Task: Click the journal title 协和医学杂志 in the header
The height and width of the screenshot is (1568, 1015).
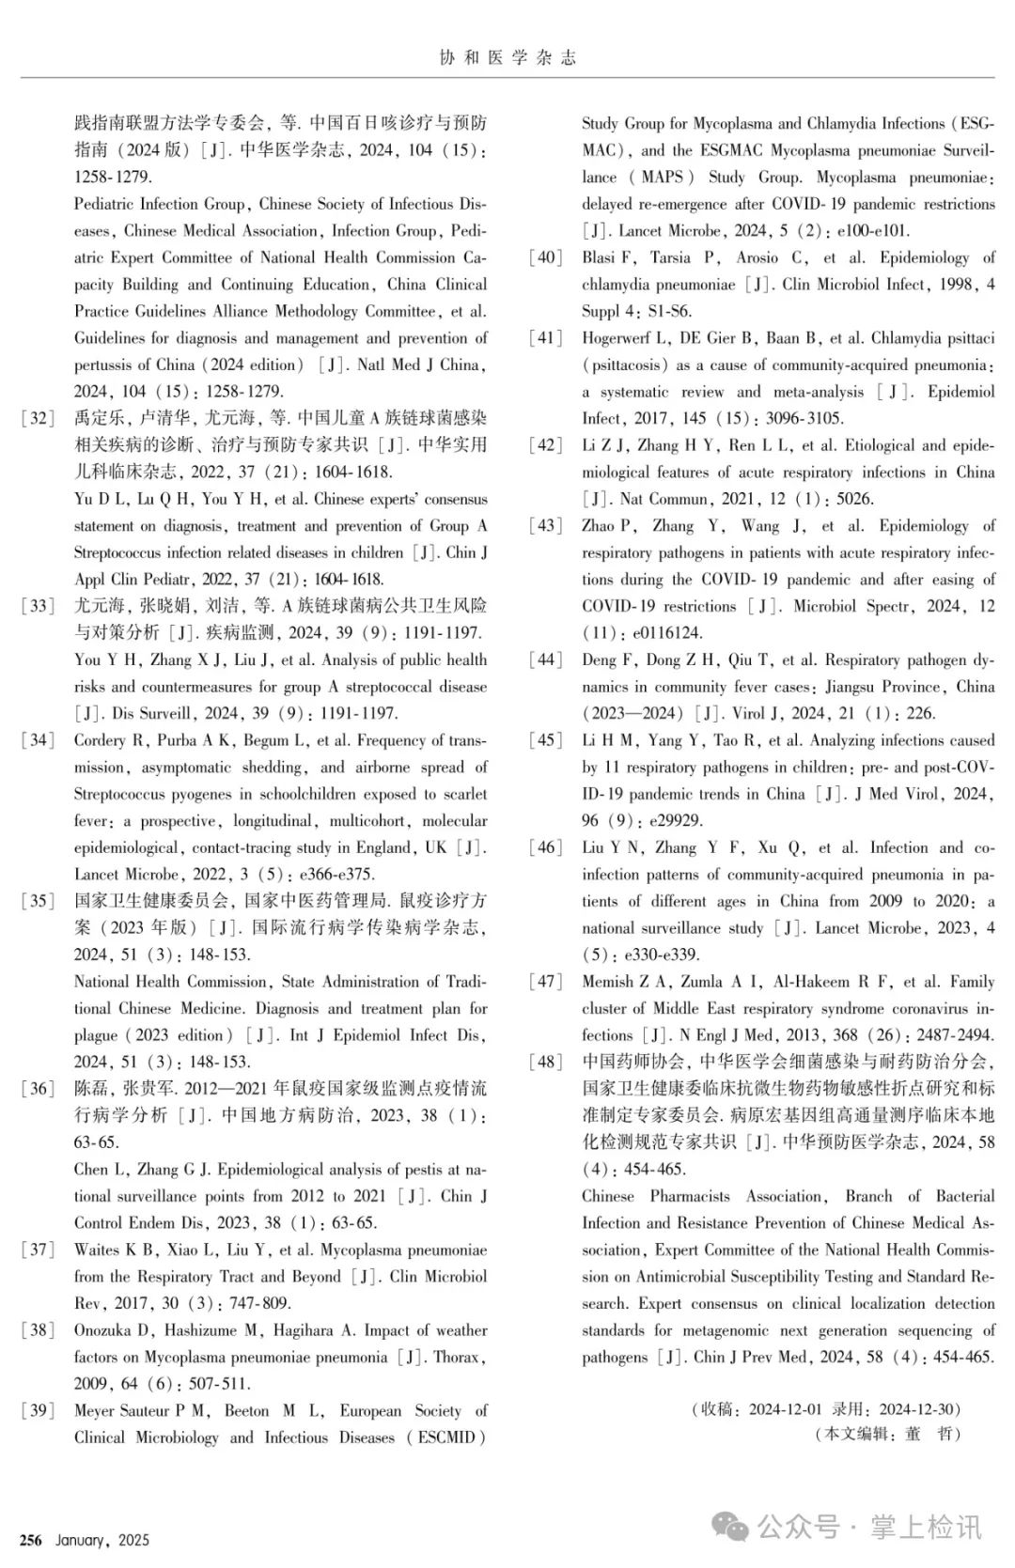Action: [507, 58]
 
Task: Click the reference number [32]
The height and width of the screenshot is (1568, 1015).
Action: [38, 418]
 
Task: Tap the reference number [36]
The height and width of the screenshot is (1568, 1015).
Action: [38, 1089]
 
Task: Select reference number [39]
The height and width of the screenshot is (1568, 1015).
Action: [38, 1410]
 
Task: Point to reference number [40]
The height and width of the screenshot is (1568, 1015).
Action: [545, 257]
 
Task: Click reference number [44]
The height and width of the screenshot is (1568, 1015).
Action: [545, 660]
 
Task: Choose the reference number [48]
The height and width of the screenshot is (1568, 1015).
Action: [545, 1062]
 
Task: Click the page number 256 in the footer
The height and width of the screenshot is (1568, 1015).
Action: [31, 1540]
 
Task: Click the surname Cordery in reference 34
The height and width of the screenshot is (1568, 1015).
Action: [100, 740]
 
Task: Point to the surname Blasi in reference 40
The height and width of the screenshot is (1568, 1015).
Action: [599, 257]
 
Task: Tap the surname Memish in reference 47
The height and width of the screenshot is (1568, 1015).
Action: [607, 982]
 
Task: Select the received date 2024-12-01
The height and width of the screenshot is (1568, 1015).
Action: [785, 1409]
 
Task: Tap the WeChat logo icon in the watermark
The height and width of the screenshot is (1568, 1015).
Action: [730, 1527]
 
